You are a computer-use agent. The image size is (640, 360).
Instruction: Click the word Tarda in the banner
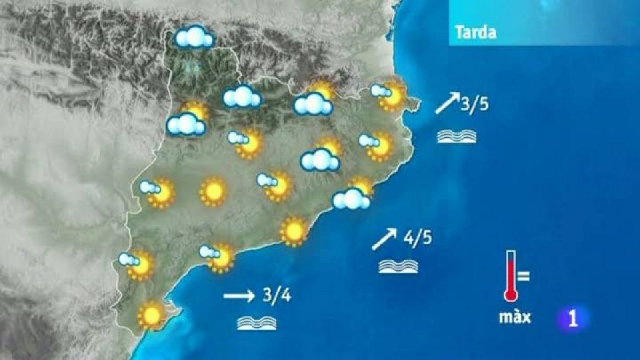[x=476, y=32]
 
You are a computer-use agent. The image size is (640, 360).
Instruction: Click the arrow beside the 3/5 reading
[x=447, y=104]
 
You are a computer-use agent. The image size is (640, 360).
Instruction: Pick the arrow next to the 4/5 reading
[x=384, y=240]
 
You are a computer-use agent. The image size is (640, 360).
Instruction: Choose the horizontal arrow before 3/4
[x=239, y=296]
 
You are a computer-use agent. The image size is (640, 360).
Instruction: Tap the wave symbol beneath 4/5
[x=399, y=266]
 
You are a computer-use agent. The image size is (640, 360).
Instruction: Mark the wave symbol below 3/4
[x=257, y=323]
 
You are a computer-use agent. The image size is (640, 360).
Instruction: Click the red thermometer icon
[x=511, y=276]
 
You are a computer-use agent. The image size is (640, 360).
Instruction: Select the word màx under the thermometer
[x=515, y=316]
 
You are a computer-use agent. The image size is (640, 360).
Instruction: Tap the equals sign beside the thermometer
[x=524, y=276]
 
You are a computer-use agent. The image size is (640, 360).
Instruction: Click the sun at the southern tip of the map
[x=151, y=314]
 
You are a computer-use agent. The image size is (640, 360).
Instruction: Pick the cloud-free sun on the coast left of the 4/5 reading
[x=294, y=230]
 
